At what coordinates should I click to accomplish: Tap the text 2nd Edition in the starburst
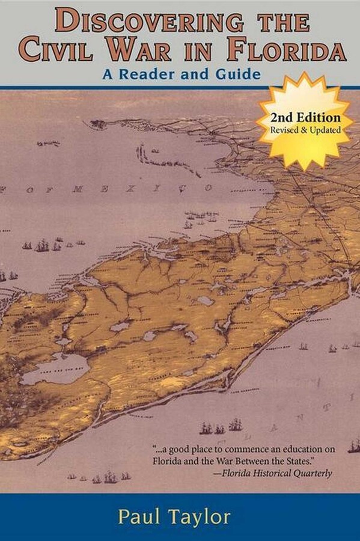coord(305,118)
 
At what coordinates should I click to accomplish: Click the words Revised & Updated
coord(305,130)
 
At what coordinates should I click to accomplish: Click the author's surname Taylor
coord(204,517)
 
